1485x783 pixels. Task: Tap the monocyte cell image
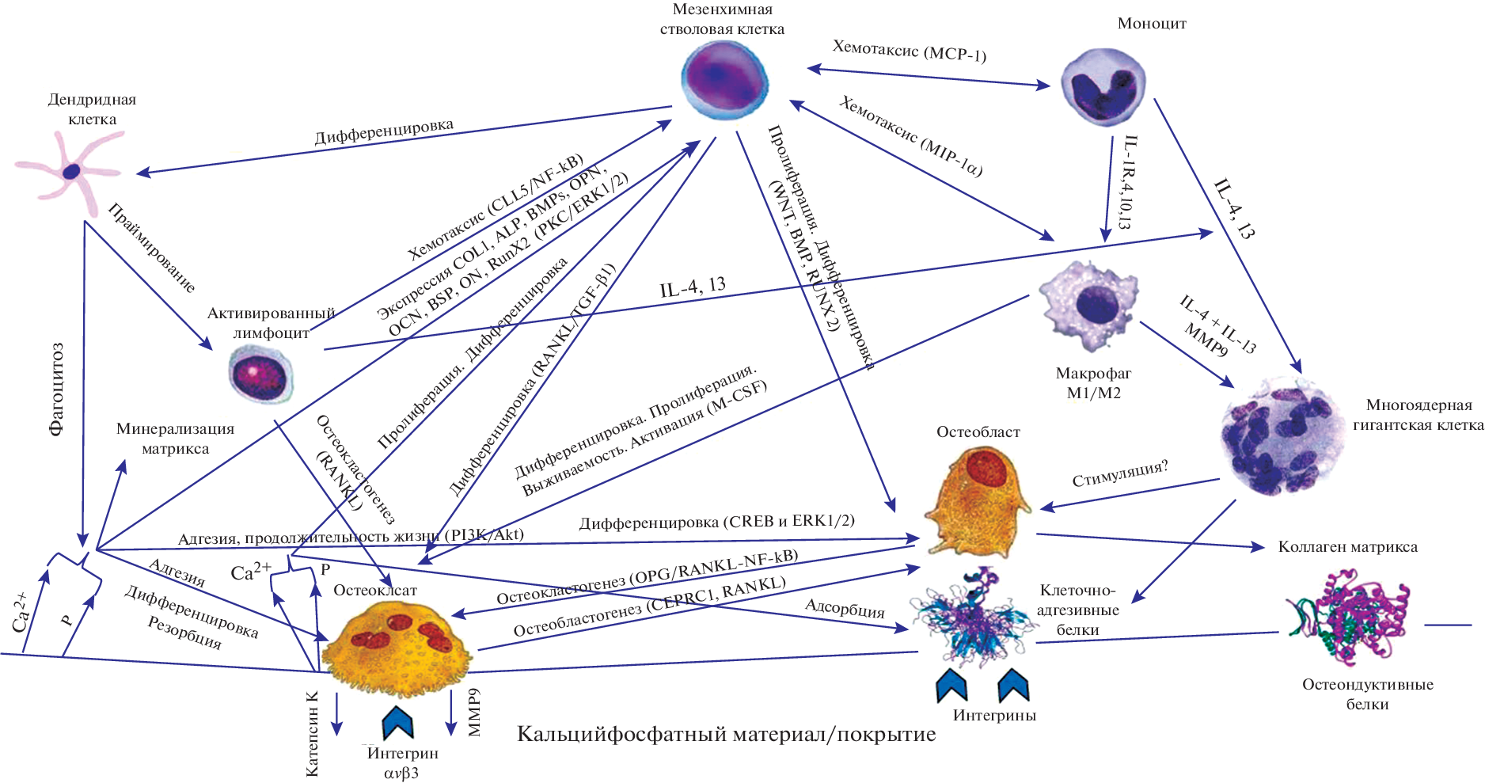[x=1103, y=86]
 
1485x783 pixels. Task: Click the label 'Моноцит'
[x=1151, y=24]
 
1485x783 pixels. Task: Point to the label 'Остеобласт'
[x=978, y=432]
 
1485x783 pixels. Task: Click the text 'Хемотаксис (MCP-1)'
[x=909, y=51]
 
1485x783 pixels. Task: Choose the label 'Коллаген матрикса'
[x=1347, y=547]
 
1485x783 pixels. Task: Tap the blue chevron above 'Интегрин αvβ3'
[x=398, y=721]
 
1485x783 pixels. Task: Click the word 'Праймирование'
[x=151, y=248]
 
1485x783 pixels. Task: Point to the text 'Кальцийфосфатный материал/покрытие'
[x=726, y=735]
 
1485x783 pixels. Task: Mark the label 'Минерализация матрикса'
[x=175, y=439]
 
